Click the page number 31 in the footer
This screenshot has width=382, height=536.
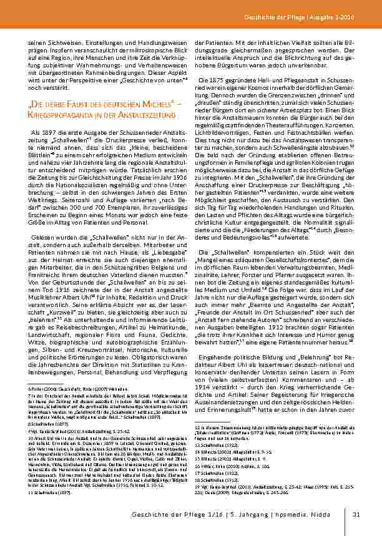[x=357, y=514]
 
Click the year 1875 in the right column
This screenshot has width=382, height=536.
[x=219, y=81]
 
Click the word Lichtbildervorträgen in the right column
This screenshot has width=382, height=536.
[x=223, y=132]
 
